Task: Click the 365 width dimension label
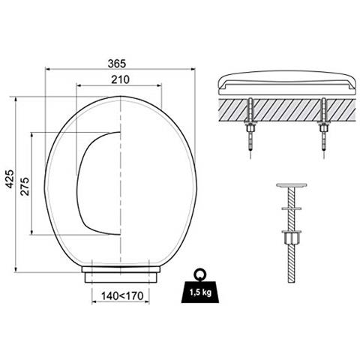117,64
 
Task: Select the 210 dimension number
121,79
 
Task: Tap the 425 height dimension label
10,178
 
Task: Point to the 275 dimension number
25,186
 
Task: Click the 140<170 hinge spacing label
122,296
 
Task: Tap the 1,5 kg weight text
200,292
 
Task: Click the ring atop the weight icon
200,274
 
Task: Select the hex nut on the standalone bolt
291,238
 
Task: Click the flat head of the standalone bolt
292,185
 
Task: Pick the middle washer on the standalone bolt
292,208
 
